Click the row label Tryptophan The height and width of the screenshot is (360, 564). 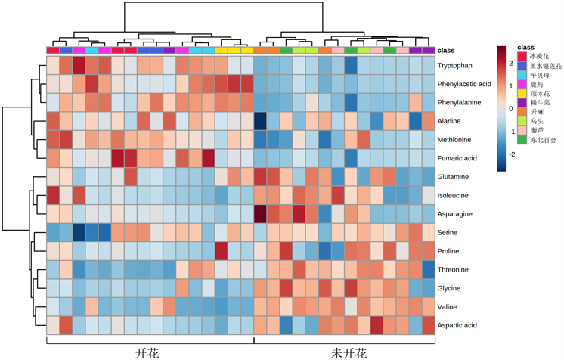(x=459, y=65)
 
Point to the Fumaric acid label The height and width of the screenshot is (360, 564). (x=459, y=158)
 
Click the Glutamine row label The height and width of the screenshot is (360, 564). (x=457, y=177)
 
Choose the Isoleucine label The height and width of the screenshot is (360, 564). (x=457, y=195)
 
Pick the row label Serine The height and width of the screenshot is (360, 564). (x=451, y=232)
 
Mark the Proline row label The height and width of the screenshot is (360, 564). (x=452, y=251)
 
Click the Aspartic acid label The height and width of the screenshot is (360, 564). (x=460, y=325)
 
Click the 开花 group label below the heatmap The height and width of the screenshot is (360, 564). (x=147, y=352)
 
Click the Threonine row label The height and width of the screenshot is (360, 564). (x=456, y=269)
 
